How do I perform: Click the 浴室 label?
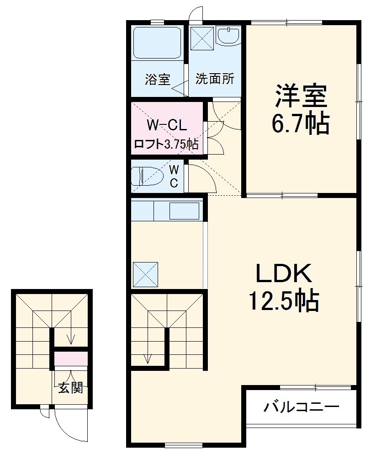[158, 79]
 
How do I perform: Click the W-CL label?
[166, 125]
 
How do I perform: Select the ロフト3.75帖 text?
[166, 145]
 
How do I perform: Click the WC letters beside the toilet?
[175, 177]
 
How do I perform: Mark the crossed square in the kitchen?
[145, 274]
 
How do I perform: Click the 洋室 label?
[300, 95]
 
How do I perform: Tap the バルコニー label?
[301, 407]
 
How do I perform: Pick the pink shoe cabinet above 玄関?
[71, 359]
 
